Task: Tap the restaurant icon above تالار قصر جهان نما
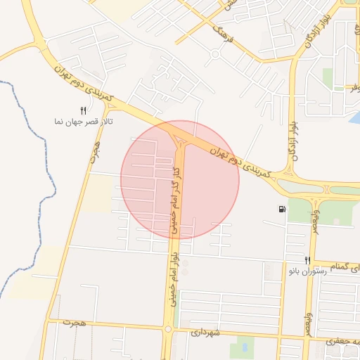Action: [83, 110]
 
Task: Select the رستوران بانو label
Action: [308, 271]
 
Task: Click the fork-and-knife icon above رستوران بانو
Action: [307, 260]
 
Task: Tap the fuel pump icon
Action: [282, 209]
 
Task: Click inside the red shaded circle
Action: [204, 190]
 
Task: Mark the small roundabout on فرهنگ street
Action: [214, 55]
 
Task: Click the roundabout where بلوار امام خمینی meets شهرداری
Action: [168, 328]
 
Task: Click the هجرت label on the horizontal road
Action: [74, 323]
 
